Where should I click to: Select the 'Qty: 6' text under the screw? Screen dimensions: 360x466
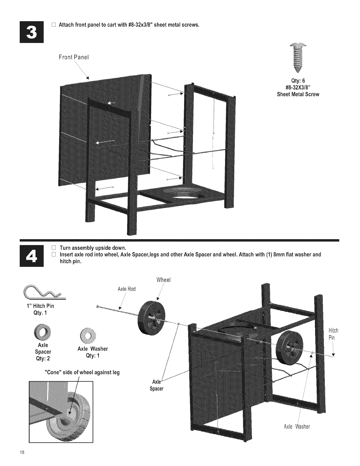coord(298,81)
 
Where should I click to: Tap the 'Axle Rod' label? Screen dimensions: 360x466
coord(126,289)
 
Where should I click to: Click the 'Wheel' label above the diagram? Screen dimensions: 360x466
coord(164,280)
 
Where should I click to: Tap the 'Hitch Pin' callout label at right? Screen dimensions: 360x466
coord(333,334)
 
